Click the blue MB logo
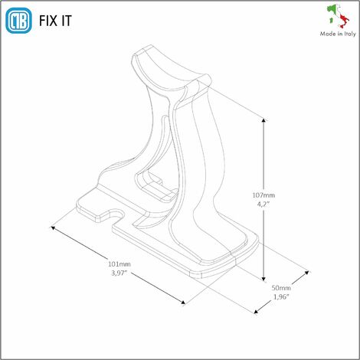18,21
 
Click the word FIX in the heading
48,21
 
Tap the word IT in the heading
67,21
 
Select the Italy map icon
339,16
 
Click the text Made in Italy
338,34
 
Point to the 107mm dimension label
263,195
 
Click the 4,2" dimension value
263,204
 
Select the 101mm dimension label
119,264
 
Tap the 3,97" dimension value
119,273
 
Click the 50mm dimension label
281,288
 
